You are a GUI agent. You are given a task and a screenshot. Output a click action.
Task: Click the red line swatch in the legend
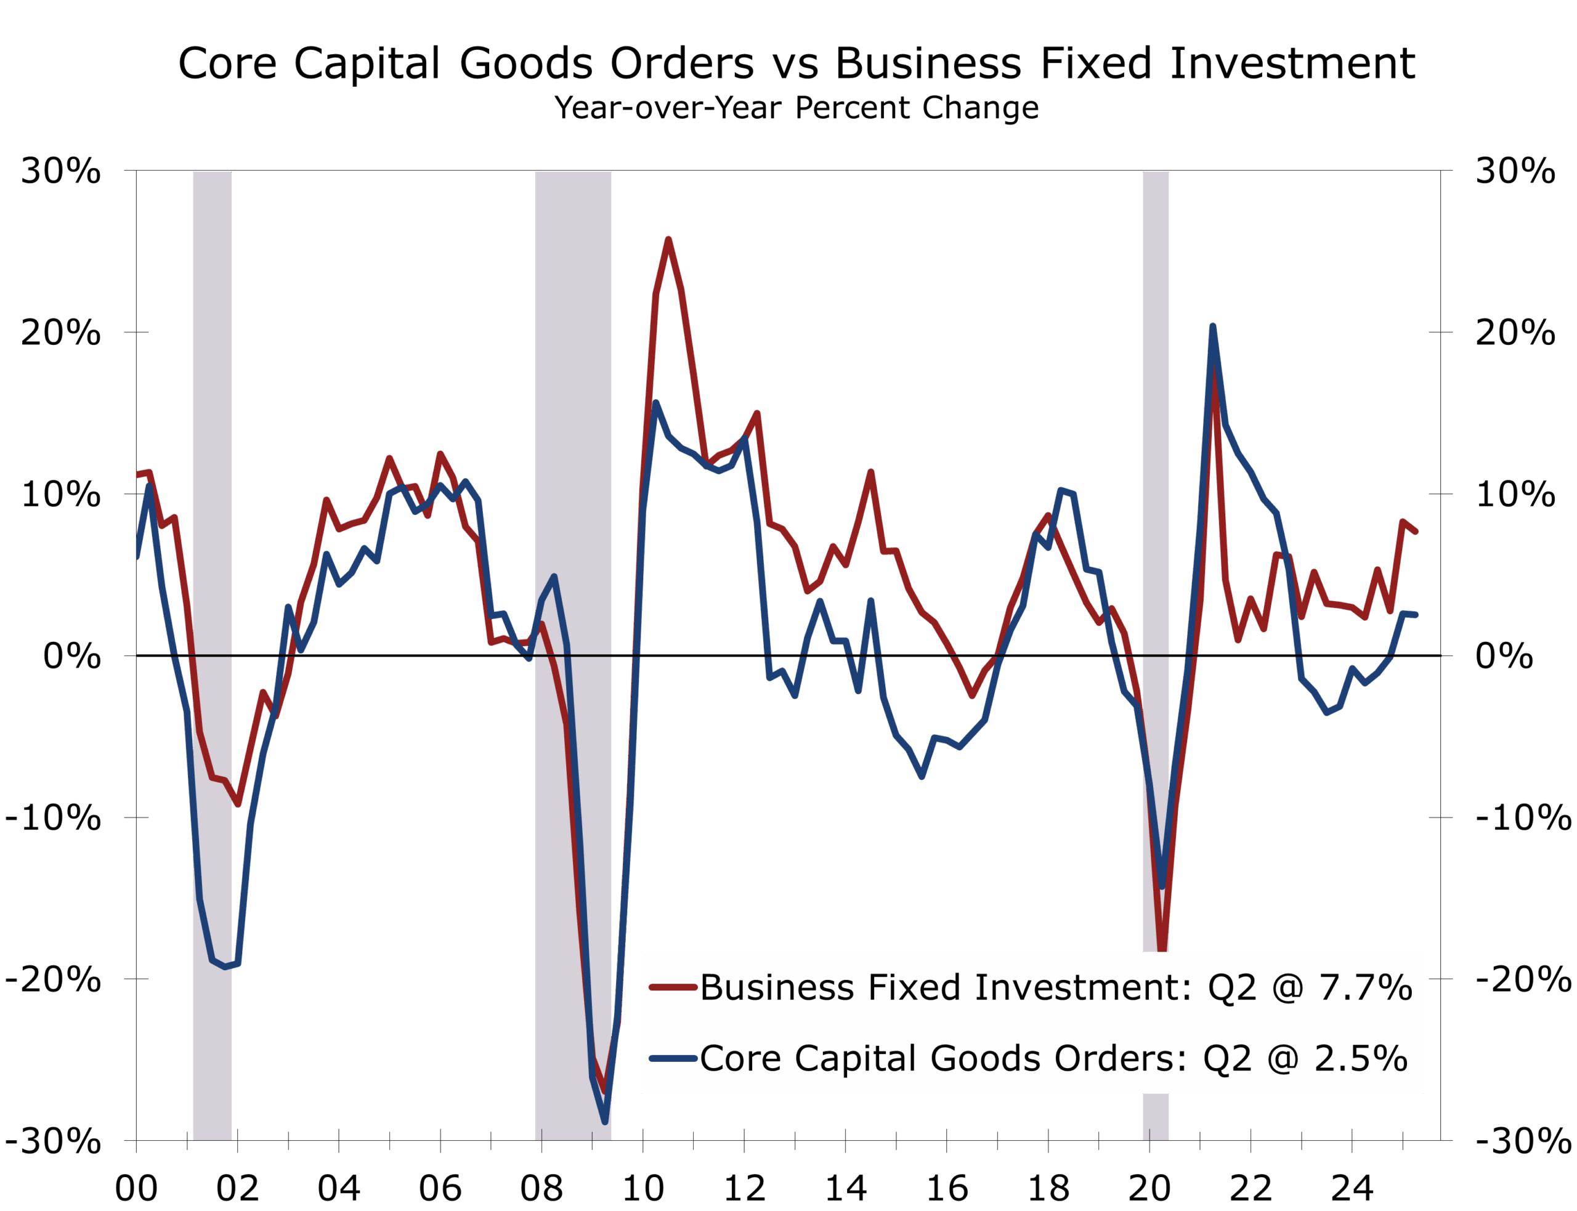pyautogui.click(x=673, y=987)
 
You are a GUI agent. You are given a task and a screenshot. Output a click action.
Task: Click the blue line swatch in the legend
pyautogui.click(x=673, y=1058)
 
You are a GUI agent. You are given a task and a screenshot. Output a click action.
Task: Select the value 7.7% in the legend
pyautogui.click(x=1365, y=987)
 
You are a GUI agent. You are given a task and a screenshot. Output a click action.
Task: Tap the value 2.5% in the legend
pyautogui.click(x=1361, y=1058)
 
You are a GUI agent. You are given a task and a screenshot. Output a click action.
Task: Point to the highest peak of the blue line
pyautogui.click(x=1213, y=326)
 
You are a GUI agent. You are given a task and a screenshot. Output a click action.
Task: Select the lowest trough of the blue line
pyautogui.click(x=605, y=1121)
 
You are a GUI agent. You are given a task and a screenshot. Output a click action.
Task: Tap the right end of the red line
pyautogui.click(x=1416, y=531)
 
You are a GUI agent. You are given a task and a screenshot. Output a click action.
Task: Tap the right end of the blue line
pyautogui.click(x=1416, y=614)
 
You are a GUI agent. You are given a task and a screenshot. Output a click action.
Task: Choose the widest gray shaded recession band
pyautogui.click(x=573, y=432)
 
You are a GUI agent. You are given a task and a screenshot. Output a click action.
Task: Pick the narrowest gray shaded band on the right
pyautogui.click(x=1156, y=432)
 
